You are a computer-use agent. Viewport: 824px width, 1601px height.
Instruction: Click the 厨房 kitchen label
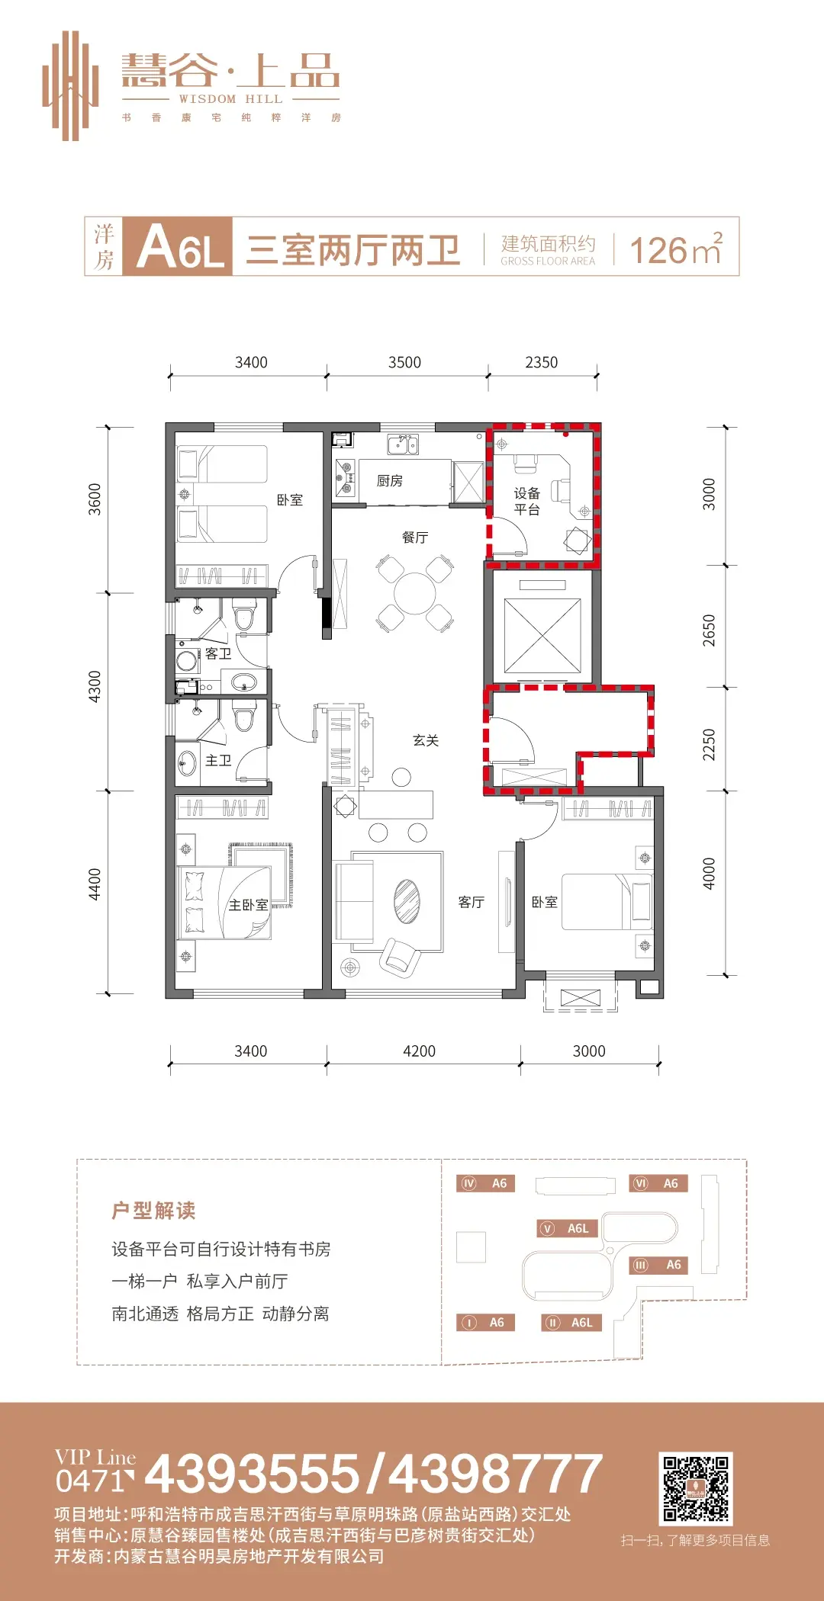(x=389, y=480)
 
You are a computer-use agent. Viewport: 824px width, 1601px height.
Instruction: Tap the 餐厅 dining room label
(x=415, y=537)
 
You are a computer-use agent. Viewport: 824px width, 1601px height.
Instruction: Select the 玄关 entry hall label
(x=426, y=740)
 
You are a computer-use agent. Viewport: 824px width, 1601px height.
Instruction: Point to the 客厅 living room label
(x=472, y=902)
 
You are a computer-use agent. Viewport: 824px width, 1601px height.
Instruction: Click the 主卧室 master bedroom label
(x=249, y=905)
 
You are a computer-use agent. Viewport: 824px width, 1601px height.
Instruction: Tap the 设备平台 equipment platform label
(x=527, y=502)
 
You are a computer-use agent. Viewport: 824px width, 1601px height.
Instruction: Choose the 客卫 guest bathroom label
(x=218, y=653)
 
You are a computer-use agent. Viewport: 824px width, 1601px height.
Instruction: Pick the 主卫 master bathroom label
(x=218, y=760)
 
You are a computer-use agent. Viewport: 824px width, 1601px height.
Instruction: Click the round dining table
(x=415, y=593)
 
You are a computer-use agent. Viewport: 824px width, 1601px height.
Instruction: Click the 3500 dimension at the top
(x=404, y=362)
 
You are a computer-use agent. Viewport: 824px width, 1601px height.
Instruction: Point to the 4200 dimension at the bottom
(x=419, y=1051)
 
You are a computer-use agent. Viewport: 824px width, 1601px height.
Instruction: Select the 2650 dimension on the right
(x=709, y=630)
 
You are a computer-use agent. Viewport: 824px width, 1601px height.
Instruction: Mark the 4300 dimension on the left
(x=95, y=686)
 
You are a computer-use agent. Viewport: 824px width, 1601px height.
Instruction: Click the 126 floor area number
(x=658, y=250)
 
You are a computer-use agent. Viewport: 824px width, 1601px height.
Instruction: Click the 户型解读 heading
(x=153, y=1210)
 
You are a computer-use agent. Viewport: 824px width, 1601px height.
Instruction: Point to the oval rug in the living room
(x=407, y=901)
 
